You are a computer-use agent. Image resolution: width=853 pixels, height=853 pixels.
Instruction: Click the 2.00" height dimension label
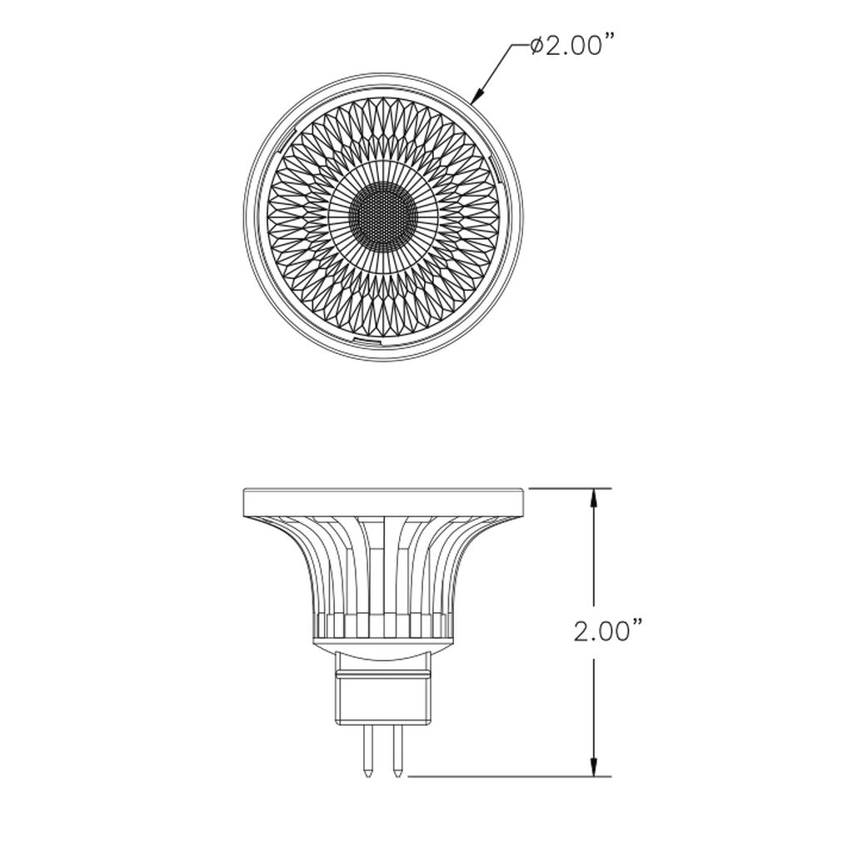(609, 632)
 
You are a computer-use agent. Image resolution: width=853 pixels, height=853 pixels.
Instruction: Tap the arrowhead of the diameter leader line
(476, 96)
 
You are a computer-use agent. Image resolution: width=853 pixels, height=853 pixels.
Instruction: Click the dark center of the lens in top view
(382, 214)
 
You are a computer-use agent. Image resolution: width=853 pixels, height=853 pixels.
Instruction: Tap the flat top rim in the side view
(383, 501)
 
